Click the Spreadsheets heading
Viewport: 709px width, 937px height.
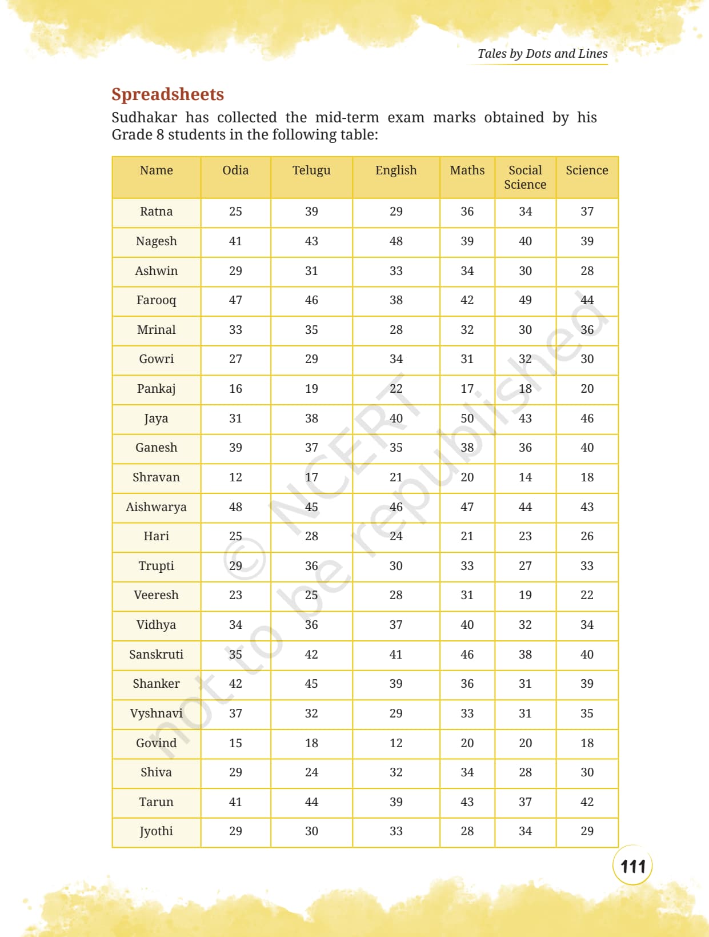tap(167, 95)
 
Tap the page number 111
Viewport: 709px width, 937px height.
tap(632, 866)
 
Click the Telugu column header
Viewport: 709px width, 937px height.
tap(311, 170)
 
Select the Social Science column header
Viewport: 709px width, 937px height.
tap(525, 177)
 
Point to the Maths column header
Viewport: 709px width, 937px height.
tap(467, 170)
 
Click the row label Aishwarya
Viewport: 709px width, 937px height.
tap(156, 507)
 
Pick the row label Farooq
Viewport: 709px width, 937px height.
tap(156, 301)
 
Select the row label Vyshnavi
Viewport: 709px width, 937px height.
tap(156, 713)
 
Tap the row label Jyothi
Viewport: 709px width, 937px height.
tap(156, 832)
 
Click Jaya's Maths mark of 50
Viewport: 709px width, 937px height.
tap(467, 418)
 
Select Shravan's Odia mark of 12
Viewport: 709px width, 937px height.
tap(235, 477)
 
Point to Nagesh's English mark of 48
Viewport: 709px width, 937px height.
tap(396, 241)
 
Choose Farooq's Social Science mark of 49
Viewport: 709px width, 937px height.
tap(525, 300)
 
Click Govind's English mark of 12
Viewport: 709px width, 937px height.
tap(396, 743)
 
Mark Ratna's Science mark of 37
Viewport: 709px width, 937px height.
tap(587, 212)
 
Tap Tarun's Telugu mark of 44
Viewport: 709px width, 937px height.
tap(311, 802)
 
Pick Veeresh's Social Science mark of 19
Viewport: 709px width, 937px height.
tap(525, 595)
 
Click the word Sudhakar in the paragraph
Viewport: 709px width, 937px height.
tap(144, 117)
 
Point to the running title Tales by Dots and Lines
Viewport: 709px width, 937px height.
tap(542, 54)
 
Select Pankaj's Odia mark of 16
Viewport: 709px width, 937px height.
tap(235, 389)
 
